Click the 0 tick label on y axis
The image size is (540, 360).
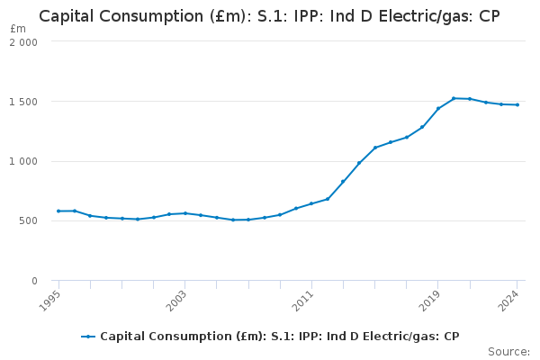pyautogui.click(x=34, y=281)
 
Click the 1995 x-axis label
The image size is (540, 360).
pyautogui.click(x=51, y=298)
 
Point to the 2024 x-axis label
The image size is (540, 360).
pyautogui.click(x=510, y=298)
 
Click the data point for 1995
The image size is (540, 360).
pyautogui.click(x=58, y=211)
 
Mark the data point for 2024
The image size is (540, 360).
pyautogui.click(x=517, y=105)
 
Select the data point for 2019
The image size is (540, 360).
pyautogui.click(x=438, y=109)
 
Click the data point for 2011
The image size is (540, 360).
pyautogui.click(x=311, y=203)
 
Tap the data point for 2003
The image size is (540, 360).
pyautogui.click(x=184, y=213)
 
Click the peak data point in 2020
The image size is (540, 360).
pyautogui.click(x=454, y=98)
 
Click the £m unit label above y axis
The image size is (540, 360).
pyautogui.click(x=18, y=29)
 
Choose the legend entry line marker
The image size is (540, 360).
pyautogui.click(x=88, y=337)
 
